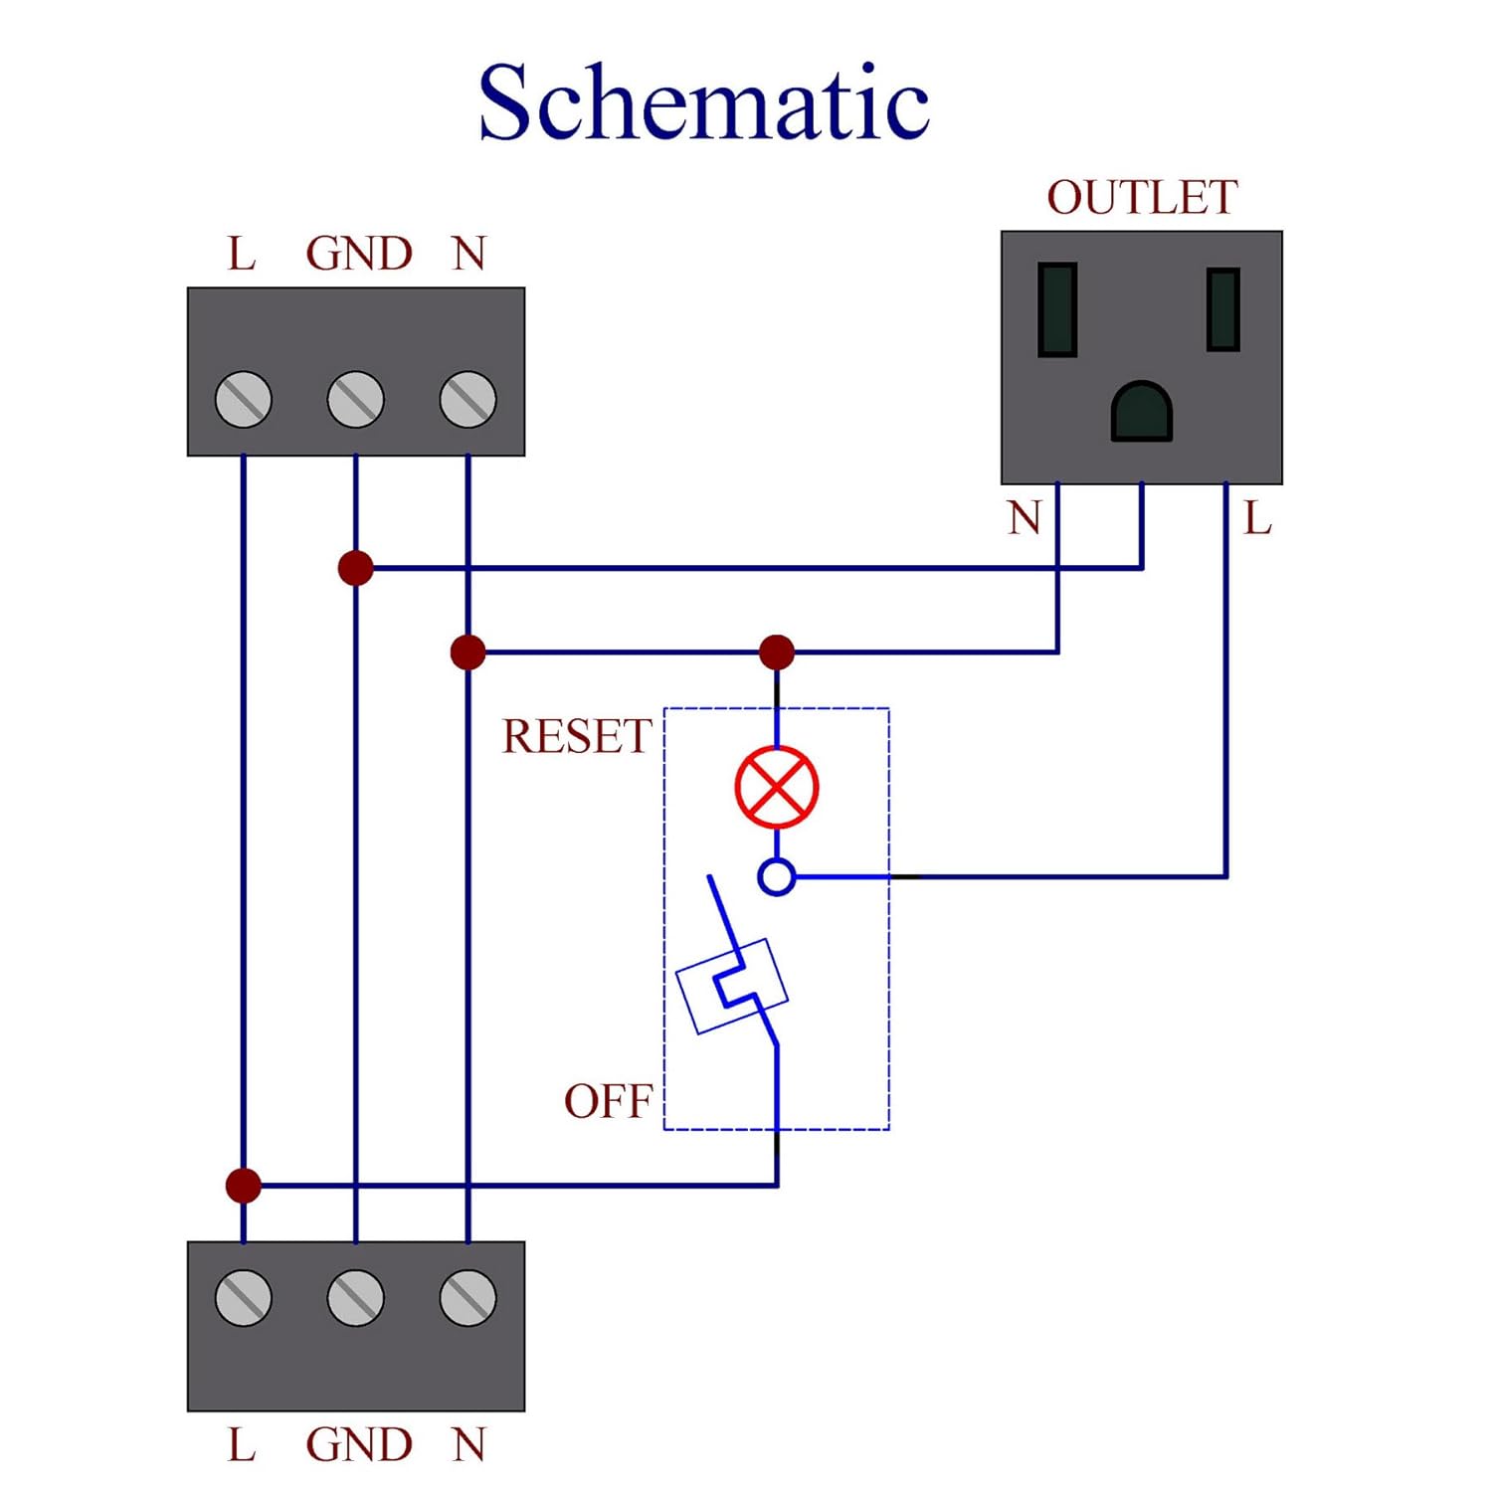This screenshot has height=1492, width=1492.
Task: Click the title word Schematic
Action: pos(703,101)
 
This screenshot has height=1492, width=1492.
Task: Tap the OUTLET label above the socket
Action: pos(1142,198)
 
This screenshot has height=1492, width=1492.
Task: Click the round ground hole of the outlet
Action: pos(1142,411)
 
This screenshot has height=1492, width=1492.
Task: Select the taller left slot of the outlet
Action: pos(1057,309)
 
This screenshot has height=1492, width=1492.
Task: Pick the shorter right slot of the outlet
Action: pos(1222,309)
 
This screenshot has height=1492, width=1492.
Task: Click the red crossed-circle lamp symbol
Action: pos(776,787)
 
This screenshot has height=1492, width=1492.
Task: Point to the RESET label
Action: pos(577,737)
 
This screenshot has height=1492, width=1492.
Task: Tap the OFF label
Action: pos(608,1102)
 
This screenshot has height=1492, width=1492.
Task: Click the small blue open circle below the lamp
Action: pos(776,877)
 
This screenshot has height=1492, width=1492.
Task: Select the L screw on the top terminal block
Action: pos(244,400)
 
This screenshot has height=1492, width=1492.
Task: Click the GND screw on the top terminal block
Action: pos(356,400)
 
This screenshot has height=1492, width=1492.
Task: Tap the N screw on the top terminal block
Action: pos(467,400)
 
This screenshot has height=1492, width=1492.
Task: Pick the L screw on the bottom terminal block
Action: pos(244,1298)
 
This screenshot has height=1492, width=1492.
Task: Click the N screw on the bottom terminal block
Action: pos(467,1298)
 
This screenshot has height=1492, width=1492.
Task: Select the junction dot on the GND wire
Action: pos(356,568)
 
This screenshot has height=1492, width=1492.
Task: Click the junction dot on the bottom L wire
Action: pos(244,1186)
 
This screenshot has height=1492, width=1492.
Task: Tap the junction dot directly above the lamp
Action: pos(776,653)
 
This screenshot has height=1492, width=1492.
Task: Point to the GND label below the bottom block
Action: pos(359,1445)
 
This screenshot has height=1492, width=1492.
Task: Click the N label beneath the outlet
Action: pos(1024,518)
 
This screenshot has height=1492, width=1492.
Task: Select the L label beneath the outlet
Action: pos(1258,518)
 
